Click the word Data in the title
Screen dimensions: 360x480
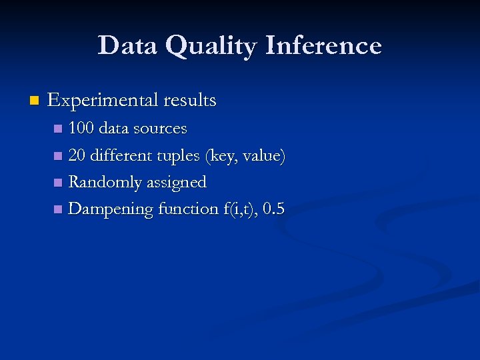click(127, 45)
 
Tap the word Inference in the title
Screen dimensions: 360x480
click(323, 45)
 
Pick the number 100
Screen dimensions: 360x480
click(81, 128)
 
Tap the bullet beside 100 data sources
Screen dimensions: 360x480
click(59, 129)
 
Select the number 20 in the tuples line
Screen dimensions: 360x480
click(77, 155)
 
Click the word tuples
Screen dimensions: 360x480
click(179, 156)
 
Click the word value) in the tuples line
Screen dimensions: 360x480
click(265, 155)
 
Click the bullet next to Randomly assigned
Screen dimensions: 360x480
click(59, 183)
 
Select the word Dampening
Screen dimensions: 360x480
click(111, 209)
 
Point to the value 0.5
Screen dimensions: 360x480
click(274, 209)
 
